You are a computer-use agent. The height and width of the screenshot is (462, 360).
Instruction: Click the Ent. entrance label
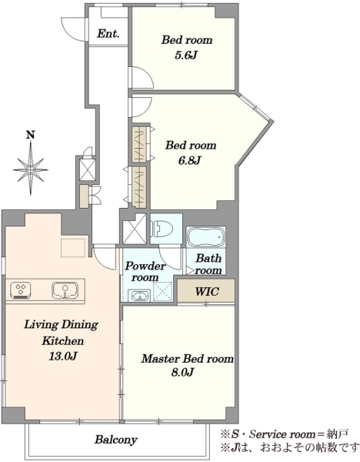[108, 34]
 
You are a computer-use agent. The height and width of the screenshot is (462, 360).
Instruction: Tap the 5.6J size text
[185, 55]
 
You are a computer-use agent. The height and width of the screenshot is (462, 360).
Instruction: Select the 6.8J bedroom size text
[190, 161]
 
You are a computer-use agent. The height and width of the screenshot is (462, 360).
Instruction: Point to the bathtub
[205, 237]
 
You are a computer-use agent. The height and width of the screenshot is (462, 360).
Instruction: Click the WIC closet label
[207, 291]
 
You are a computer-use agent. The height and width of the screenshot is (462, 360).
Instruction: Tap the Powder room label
[145, 272]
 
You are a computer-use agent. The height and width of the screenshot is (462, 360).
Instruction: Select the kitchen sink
[65, 290]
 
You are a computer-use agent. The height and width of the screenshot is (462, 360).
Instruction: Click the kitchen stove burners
[20, 290]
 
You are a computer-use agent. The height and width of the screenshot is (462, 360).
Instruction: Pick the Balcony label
[115, 440]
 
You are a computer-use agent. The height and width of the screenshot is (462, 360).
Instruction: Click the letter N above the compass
[30, 135]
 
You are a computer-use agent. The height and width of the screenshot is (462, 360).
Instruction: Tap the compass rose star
[31, 169]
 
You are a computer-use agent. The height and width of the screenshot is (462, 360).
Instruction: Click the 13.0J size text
[63, 357]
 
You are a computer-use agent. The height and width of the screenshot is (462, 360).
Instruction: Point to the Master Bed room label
[188, 359]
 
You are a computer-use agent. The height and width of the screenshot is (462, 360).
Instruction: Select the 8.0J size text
[182, 373]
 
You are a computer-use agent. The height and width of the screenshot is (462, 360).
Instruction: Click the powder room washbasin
[139, 296]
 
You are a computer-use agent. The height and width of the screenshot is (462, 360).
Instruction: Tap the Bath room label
[208, 264]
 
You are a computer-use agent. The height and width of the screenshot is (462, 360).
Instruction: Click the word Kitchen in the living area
[63, 341]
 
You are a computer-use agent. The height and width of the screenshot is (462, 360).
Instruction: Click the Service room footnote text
[285, 434]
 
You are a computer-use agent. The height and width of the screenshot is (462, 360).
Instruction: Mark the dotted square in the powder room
[163, 291]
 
